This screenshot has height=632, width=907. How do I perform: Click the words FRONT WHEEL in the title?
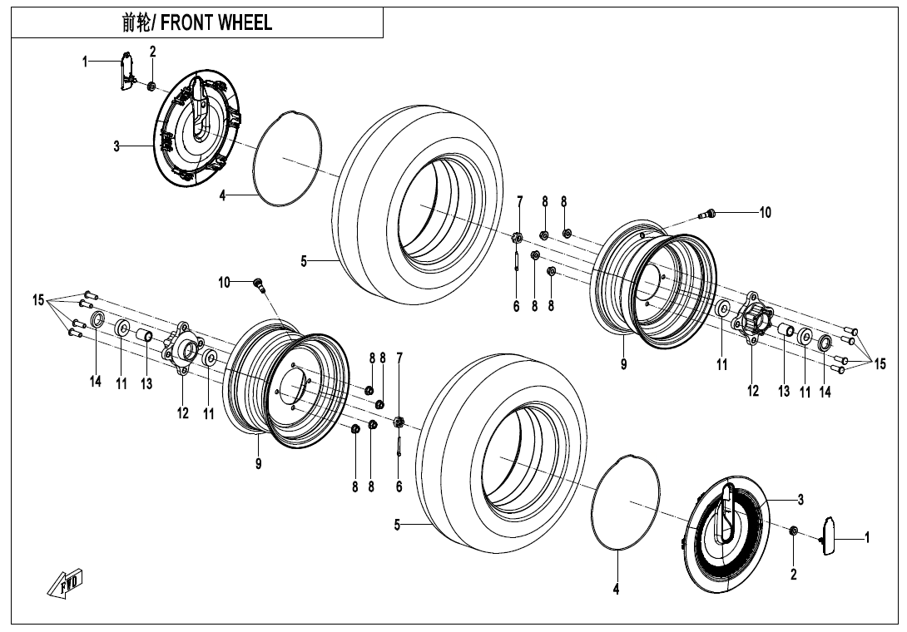pos(216,23)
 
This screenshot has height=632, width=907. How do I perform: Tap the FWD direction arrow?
pos(65,584)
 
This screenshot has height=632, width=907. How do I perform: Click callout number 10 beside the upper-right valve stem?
pos(765,212)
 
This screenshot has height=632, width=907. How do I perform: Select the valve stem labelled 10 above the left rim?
pos(260,285)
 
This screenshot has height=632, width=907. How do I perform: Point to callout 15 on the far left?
pos(38,300)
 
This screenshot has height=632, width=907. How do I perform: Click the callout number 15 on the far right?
pos(880,363)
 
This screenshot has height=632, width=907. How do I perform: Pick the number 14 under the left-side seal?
pos(96,382)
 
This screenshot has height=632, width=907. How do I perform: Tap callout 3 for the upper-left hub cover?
pos(117,147)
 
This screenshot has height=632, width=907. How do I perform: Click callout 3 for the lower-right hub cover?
pos(800,500)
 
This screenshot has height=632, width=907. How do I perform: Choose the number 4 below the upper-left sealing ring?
pos(223,196)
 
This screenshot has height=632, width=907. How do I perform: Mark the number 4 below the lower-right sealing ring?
pos(617,590)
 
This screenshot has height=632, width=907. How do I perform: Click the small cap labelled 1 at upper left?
pos(126,70)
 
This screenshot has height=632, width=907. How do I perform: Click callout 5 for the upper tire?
pos(304,262)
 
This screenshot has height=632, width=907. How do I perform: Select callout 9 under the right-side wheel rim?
pos(623,363)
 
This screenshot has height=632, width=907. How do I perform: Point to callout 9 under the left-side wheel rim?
pos(259,464)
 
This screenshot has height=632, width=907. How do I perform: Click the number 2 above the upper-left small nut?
pos(152,52)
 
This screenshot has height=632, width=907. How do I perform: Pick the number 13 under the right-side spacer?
pos(784,392)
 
